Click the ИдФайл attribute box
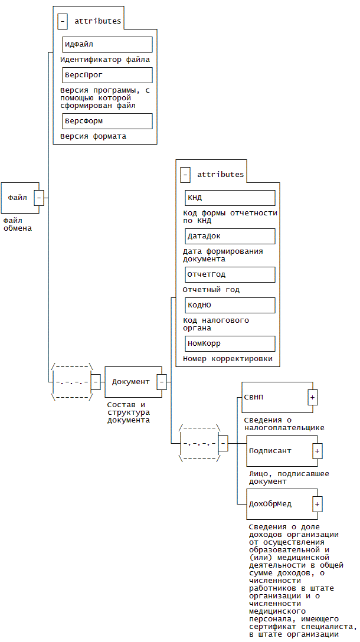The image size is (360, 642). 107,44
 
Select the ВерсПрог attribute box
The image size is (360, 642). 107,75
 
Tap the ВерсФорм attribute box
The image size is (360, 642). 107,121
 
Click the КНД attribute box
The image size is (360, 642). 230,198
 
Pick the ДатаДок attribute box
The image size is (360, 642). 230,236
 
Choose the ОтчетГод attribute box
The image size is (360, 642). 230,274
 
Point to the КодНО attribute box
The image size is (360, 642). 230,305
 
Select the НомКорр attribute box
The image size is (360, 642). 230,343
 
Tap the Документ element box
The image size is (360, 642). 131,382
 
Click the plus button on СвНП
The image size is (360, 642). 313,398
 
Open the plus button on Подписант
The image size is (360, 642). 318,451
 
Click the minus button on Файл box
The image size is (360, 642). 39,198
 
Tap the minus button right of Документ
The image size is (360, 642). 162,382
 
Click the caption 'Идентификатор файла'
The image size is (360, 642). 105,60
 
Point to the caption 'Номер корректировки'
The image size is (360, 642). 228,359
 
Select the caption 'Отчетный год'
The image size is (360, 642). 211,290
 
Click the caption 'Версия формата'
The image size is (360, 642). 93,136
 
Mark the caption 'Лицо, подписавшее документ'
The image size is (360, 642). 289,477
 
